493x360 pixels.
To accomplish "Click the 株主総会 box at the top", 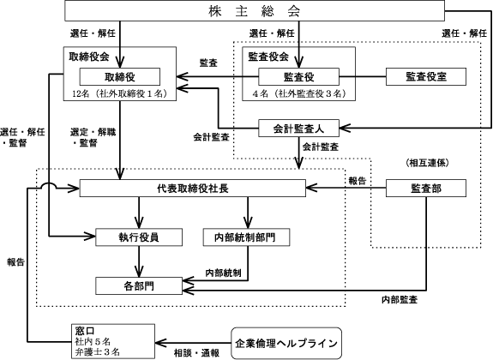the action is point(255,10).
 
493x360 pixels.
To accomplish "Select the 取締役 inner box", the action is point(120,77).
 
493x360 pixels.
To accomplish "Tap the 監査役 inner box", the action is point(298,77).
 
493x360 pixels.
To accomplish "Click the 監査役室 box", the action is point(426,77).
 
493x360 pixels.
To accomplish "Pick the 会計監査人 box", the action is point(298,129).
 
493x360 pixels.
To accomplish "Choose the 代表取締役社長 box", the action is point(192,189).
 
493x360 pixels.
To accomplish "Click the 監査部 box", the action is point(426,189).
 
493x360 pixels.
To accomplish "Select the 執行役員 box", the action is point(139,237).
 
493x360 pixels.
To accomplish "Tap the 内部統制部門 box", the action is point(247,237).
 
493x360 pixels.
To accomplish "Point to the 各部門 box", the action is point(139,285).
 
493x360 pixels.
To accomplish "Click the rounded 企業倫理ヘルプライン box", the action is point(286,343).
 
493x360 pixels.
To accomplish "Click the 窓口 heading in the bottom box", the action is point(85,331).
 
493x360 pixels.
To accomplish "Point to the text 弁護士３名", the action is point(98,351).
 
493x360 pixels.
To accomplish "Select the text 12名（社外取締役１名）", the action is point(120,93).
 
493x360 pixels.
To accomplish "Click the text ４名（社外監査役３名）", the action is point(298,93).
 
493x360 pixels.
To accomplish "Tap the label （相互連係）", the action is point(427,163).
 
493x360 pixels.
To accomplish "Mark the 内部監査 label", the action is point(400,300).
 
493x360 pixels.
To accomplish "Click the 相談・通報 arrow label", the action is point(197,353).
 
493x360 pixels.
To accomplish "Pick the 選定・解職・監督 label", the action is point(93,137).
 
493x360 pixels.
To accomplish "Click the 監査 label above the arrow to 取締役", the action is point(208,63).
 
